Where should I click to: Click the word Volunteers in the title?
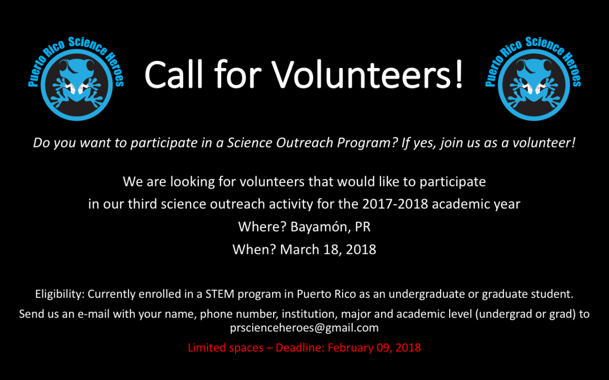point(361,74)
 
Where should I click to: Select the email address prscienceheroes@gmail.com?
point(304,328)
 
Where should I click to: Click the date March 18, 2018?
point(328,249)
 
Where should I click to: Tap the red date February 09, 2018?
point(375,348)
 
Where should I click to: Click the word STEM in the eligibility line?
point(220,294)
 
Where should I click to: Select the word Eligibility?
point(60,294)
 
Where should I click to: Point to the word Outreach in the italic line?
point(304,143)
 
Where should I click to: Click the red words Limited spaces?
point(226,348)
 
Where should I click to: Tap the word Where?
point(262,226)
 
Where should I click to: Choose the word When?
point(254,249)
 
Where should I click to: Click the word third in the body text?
point(143,204)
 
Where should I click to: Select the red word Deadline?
point(300,348)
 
